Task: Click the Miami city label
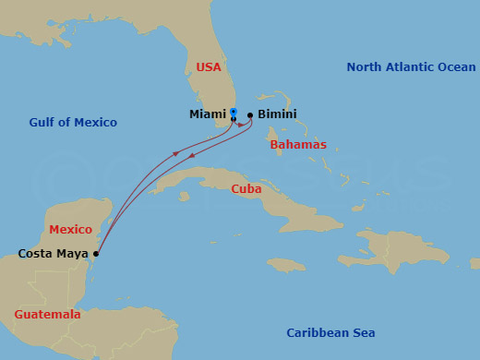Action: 207,114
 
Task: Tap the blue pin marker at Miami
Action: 233,113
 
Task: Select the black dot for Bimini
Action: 250,115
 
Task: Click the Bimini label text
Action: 277,114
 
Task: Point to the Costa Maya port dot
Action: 96,253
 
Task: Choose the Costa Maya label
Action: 53,253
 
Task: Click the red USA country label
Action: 209,66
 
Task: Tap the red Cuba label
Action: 246,188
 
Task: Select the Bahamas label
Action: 297,145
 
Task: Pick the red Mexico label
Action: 70,229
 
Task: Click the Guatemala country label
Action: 47,314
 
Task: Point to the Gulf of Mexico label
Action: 73,122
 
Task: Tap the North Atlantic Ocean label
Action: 411,66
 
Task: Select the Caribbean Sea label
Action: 330,332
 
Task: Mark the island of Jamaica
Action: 286,265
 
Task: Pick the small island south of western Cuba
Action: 186,196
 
